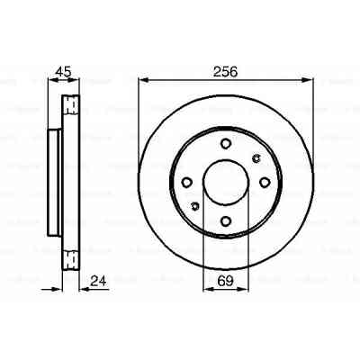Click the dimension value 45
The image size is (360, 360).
(x=62, y=72)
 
